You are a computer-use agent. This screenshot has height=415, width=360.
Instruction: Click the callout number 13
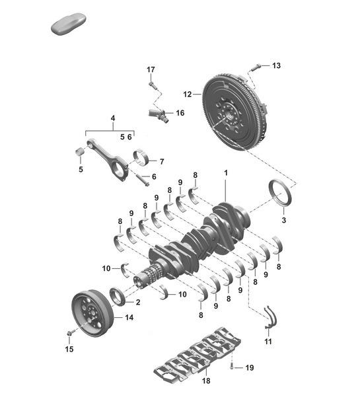[x=276, y=65]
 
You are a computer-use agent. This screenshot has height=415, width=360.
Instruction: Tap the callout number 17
[x=151, y=70]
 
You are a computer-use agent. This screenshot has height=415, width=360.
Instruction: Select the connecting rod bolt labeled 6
[x=141, y=177]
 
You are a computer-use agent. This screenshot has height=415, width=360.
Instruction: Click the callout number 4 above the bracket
[x=113, y=120]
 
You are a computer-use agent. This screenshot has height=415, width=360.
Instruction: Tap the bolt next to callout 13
[x=258, y=65]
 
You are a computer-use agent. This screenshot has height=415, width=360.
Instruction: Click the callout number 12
[x=187, y=94]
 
